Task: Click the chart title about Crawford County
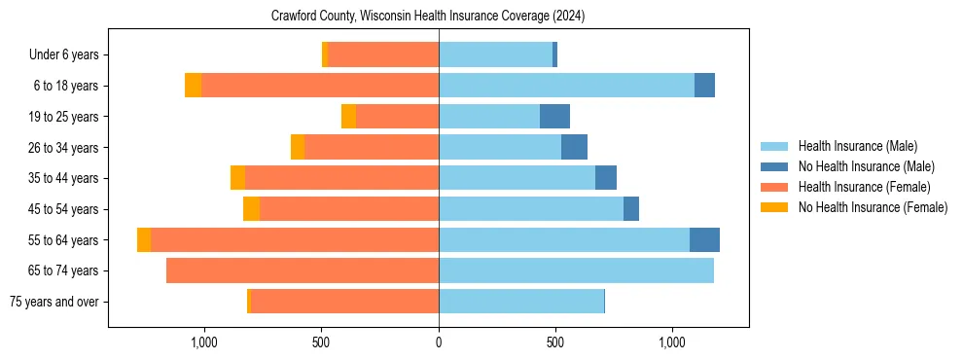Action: [x=428, y=17]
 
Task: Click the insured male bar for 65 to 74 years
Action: [x=576, y=270]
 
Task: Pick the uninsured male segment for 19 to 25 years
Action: [x=554, y=117]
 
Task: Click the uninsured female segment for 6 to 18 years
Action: [x=193, y=86]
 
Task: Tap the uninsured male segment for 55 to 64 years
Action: [x=704, y=240]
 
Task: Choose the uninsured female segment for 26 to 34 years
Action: [x=298, y=148]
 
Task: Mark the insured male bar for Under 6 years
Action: [x=495, y=55]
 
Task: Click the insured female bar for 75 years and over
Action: [x=344, y=302]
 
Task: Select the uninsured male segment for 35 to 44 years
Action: [x=606, y=178]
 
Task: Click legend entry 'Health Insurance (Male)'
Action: [x=857, y=146]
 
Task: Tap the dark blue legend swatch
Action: [x=774, y=166]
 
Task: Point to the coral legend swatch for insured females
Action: [x=774, y=187]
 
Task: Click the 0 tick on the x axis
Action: [x=439, y=342]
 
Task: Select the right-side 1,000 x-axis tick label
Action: [x=672, y=342]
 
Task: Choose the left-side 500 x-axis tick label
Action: [x=322, y=342]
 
